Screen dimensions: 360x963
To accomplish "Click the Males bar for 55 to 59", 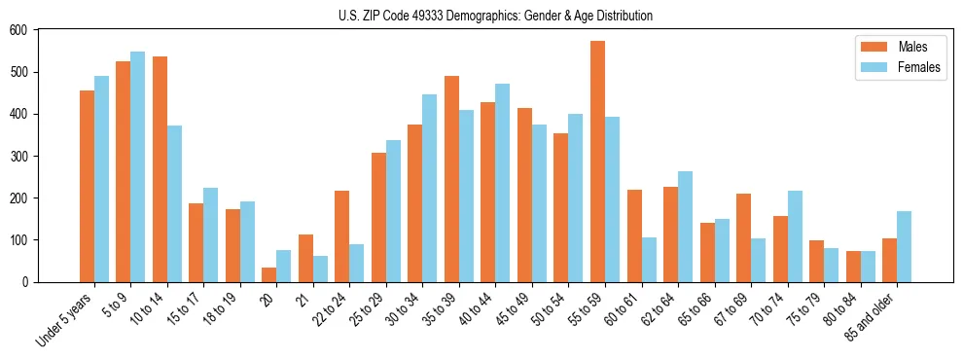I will pyautogui.click(x=597, y=162).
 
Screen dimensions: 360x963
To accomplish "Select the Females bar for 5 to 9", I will pyautogui.click(x=138, y=166).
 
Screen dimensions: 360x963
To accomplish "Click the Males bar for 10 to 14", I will pyautogui.click(x=160, y=169).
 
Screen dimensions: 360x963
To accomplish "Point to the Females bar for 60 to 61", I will pyautogui.click(x=649, y=260).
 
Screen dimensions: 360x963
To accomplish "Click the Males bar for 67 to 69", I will pyautogui.click(x=743, y=237).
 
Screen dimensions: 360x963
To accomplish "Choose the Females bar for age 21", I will pyautogui.click(x=320, y=269).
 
